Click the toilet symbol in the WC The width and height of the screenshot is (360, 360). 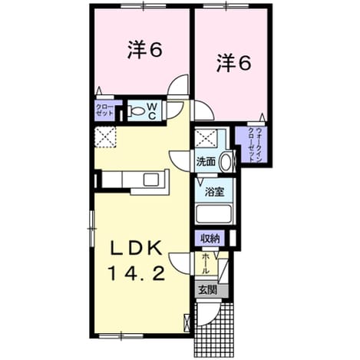(137, 111)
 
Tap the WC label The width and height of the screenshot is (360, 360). (152, 111)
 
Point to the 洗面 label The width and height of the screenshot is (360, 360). (206, 162)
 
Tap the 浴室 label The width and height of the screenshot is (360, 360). (215, 192)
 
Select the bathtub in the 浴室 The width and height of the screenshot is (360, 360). (213, 214)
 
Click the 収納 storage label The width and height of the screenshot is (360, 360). (210, 239)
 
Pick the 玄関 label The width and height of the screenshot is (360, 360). (208, 290)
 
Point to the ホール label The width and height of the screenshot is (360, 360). (206, 264)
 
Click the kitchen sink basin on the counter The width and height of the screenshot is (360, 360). (152, 180)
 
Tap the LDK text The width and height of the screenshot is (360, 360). (136, 248)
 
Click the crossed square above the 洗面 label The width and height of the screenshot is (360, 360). (206, 138)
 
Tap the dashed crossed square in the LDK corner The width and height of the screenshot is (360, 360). (105, 137)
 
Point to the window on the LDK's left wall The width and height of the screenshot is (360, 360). (91, 228)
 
